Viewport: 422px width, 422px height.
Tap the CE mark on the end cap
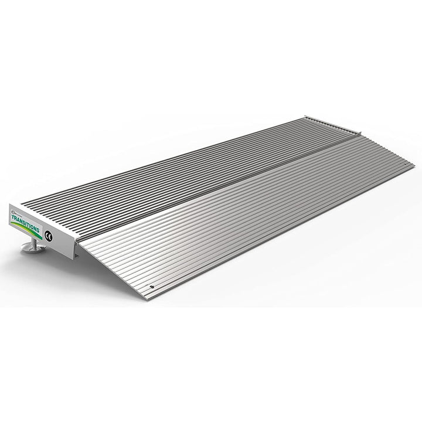[48, 236]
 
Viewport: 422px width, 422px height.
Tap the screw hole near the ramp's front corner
[152, 287]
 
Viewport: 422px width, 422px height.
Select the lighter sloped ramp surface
[246, 223]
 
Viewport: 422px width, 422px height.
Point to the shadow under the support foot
[29, 255]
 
